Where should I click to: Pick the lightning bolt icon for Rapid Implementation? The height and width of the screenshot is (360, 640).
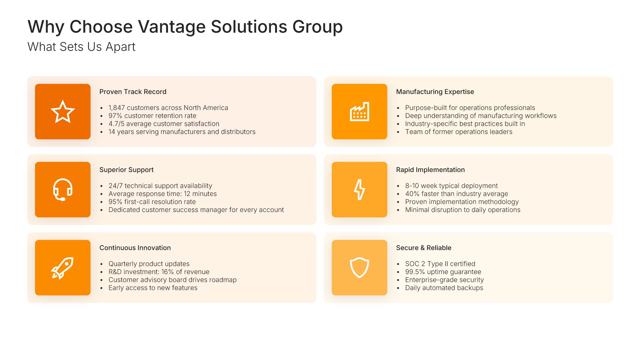click(x=359, y=190)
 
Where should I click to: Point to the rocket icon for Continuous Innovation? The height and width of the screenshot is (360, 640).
click(x=62, y=268)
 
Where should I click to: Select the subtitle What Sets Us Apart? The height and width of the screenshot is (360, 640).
click(x=81, y=47)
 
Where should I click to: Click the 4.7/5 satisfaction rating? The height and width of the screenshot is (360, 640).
click(x=116, y=124)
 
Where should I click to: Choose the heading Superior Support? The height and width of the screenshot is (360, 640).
click(x=126, y=170)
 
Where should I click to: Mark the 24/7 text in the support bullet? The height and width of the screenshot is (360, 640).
click(x=115, y=186)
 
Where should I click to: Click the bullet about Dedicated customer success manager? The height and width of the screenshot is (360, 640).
click(x=196, y=210)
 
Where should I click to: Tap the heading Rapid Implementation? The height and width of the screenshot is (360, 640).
click(x=430, y=170)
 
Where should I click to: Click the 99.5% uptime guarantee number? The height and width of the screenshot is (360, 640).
click(x=415, y=272)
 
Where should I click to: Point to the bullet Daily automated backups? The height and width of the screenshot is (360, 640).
click(x=444, y=288)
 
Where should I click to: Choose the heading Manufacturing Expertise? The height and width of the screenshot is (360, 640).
click(x=435, y=92)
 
